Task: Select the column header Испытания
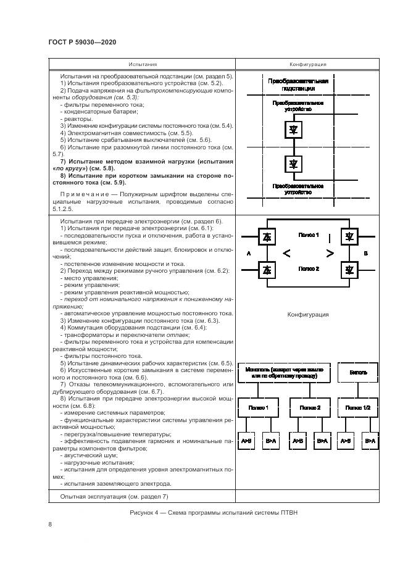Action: [x=143, y=64]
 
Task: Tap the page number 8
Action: [x=50, y=525]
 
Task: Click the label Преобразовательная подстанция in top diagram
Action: [x=298, y=85]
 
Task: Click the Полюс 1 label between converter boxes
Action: [x=308, y=235]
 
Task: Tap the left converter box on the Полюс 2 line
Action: [x=267, y=269]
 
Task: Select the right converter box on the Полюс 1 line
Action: [x=349, y=236]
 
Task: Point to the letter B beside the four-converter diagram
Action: [x=366, y=253]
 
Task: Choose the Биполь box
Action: [x=359, y=373]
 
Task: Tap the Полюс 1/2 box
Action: [x=359, y=408]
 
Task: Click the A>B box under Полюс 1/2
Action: [x=345, y=441]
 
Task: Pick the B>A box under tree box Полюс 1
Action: [x=270, y=441]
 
